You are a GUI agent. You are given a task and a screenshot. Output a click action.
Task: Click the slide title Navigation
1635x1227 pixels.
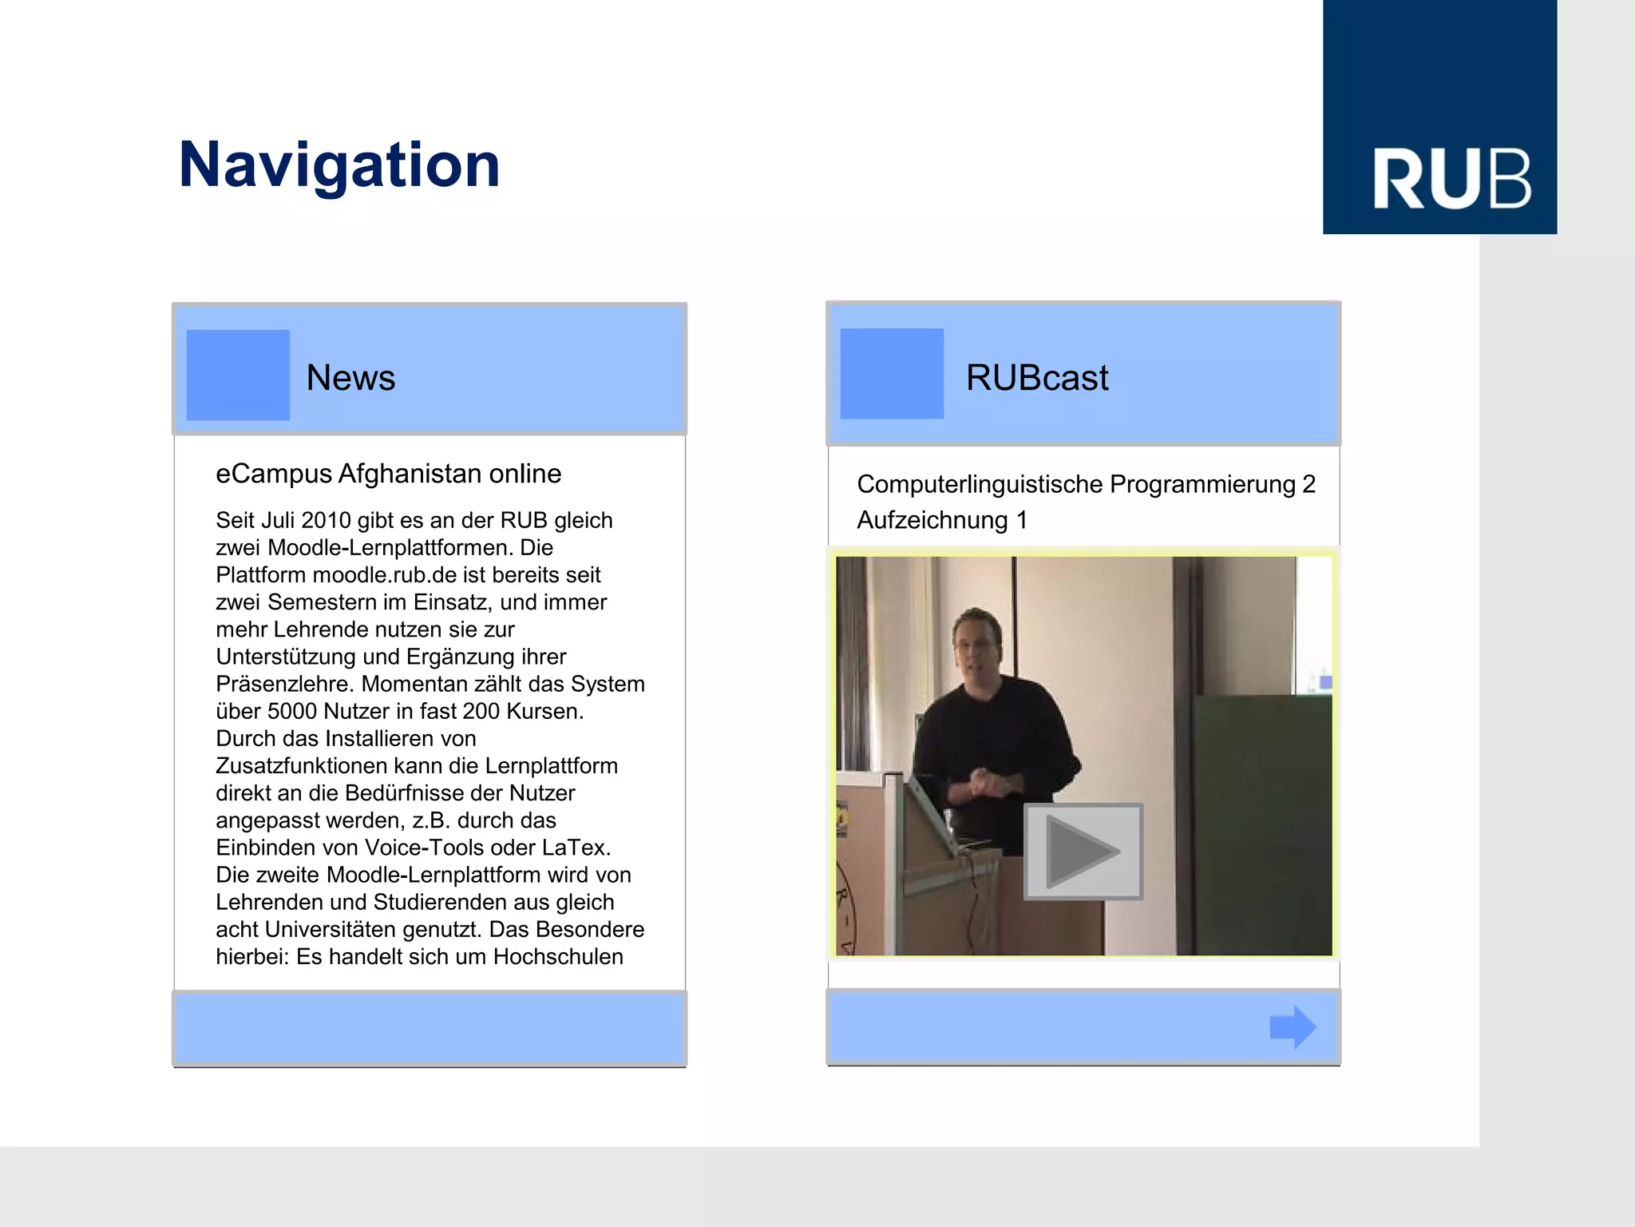point(339,165)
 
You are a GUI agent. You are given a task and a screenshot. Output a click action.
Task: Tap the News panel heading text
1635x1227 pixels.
point(350,378)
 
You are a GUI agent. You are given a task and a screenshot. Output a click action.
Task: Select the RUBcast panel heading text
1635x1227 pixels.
point(1036,378)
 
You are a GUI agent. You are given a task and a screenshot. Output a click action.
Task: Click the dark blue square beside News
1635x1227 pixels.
point(238,375)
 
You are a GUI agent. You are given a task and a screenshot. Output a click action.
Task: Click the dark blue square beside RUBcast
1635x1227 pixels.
point(892,374)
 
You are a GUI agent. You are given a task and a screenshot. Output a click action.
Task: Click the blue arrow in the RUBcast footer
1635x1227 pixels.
point(1293,1026)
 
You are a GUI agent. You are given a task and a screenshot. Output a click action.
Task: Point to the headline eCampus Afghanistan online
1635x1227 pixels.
point(388,474)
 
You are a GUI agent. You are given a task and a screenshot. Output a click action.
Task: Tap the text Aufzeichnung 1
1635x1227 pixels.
point(942,520)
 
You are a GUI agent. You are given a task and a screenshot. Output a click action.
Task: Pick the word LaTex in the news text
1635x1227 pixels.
point(576,848)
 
